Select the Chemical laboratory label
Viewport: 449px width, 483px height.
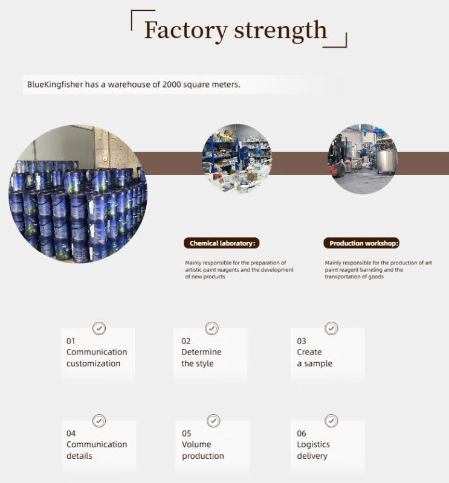coord(221,243)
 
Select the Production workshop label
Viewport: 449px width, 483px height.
coord(361,243)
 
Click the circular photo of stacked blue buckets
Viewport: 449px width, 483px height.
coord(78,193)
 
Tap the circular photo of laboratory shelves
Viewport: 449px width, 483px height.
coord(237,159)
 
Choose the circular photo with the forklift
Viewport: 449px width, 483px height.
coord(363,159)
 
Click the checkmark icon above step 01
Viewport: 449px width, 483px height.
coord(99,328)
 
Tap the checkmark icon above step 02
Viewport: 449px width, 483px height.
coord(212,328)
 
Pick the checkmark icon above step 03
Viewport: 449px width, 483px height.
coord(331,328)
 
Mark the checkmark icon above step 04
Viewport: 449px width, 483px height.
coord(99,421)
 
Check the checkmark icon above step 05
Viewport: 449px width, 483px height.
coord(213,421)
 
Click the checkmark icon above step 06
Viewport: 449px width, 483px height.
coord(331,421)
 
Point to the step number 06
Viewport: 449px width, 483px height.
coord(302,433)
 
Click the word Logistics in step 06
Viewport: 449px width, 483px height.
coord(313,444)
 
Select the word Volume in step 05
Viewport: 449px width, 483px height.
coord(196,444)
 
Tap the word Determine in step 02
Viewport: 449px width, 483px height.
coord(201,352)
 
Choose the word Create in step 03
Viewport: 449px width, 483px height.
coord(309,352)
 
